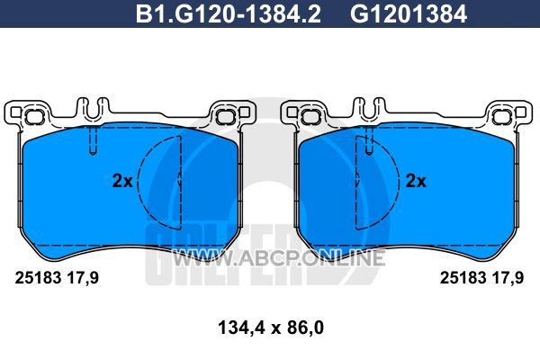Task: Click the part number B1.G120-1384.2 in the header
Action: [228, 14]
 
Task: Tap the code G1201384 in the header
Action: [409, 14]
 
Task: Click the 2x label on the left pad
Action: [122, 181]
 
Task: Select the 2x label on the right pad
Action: [416, 181]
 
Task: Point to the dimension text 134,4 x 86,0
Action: [271, 328]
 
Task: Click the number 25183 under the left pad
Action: [38, 278]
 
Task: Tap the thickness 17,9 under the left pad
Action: [82, 278]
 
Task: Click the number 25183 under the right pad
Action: [463, 278]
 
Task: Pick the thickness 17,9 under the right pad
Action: [508, 278]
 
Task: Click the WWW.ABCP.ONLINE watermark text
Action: [278, 258]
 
